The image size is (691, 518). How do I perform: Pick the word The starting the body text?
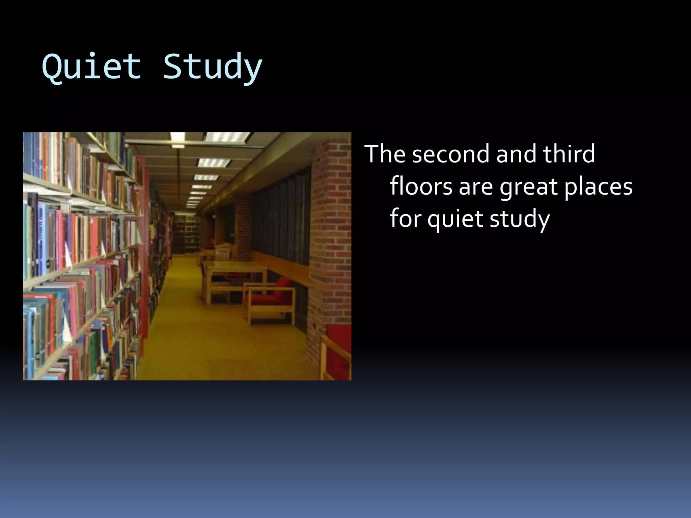385,154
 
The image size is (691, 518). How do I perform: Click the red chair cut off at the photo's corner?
336,354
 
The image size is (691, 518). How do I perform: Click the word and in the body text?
516,154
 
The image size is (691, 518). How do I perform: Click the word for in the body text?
405,219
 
